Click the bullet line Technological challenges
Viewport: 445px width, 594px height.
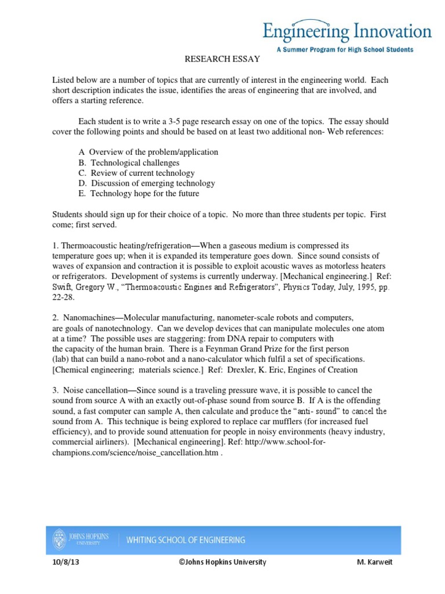129,162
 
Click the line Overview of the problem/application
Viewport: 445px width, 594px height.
149,152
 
